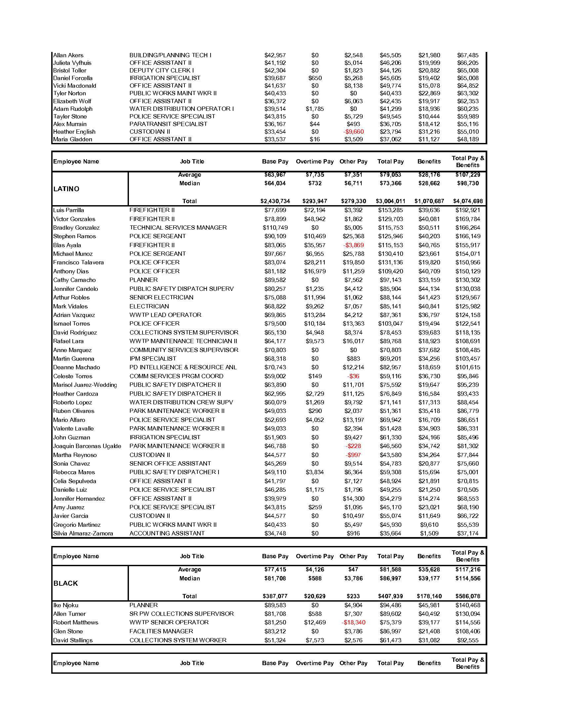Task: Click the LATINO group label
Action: click(66, 189)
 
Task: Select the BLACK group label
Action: click(65, 583)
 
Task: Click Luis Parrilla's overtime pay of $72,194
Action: click(315, 210)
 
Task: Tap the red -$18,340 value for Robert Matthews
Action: click(353, 622)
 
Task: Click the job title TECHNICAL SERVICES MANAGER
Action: click(178, 228)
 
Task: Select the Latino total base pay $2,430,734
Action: click(275, 201)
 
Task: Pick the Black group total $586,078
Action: click(468, 596)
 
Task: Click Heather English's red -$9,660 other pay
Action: click(353, 132)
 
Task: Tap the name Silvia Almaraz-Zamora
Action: click(83, 533)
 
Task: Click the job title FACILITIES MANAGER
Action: click(161, 631)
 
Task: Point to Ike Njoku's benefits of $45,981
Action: click(429, 605)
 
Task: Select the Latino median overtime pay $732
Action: click(315, 183)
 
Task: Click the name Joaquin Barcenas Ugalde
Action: click(87, 446)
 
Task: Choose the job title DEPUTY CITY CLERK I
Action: click(161, 70)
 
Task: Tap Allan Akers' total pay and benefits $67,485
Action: click(468, 55)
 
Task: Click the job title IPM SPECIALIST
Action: click(153, 359)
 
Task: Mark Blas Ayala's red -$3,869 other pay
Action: click(353, 245)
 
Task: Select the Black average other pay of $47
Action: click(353, 569)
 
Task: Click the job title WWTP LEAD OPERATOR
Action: click(166, 315)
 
